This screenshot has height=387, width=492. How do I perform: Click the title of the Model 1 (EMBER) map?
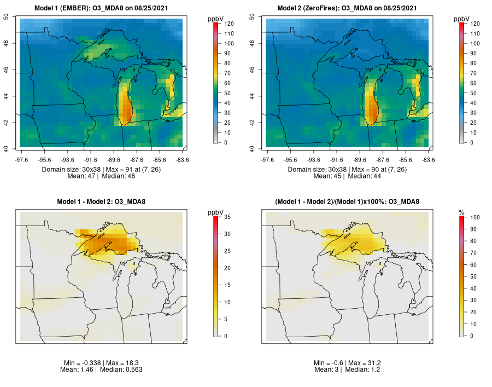coord(101,8)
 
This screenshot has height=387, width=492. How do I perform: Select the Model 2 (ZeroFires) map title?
coord(348,8)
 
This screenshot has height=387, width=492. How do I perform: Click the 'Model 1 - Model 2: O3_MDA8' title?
coord(101,202)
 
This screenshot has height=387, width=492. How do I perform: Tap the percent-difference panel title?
coord(348,202)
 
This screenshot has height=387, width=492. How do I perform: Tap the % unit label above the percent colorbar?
coord(461,212)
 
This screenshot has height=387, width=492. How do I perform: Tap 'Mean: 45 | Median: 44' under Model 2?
coord(347,176)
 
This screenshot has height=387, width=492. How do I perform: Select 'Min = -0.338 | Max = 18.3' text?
coord(101,363)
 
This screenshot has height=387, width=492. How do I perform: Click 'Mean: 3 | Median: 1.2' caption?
coord(347,369)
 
